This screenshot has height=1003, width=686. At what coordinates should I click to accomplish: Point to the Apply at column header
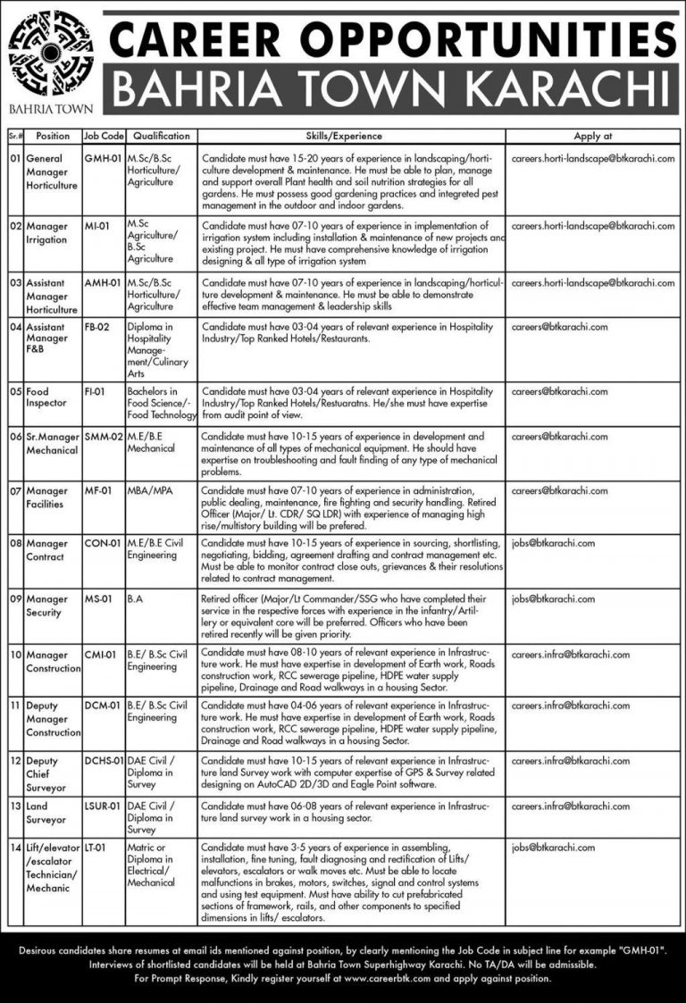click(x=593, y=136)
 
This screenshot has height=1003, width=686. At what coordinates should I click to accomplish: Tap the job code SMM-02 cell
click(x=102, y=437)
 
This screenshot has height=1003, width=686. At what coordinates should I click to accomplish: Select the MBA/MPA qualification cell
click(x=151, y=490)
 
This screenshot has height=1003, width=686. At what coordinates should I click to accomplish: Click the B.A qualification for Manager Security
click(x=137, y=600)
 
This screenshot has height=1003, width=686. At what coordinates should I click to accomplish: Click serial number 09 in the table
click(x=15, y=600)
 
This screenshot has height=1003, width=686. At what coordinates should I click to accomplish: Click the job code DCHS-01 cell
click(x=103, y=761)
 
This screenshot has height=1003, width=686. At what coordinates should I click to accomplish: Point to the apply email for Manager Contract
click(x=554, y=542)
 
